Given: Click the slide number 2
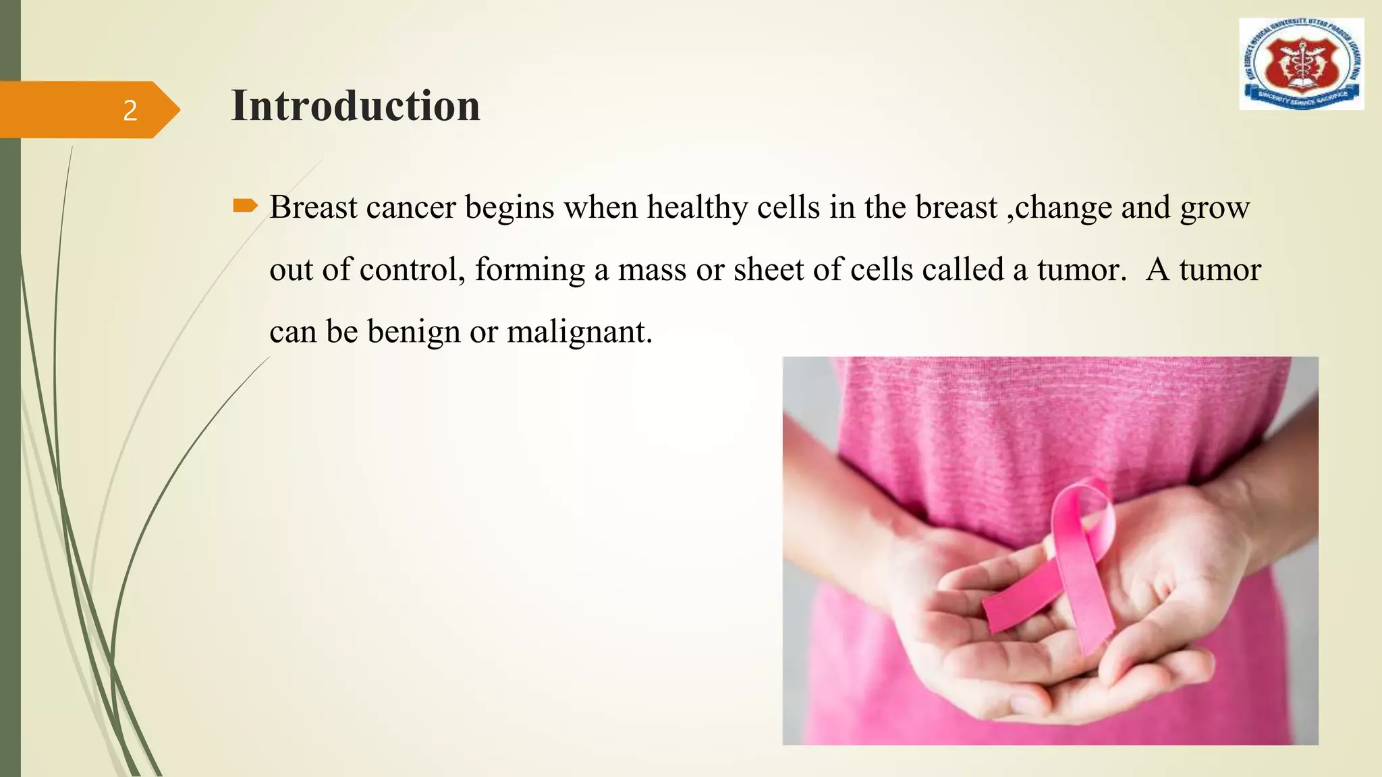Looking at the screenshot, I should tap(130, 110).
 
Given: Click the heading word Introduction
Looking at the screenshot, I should tap(356, 106).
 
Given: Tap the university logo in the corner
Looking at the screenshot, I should tap(1301, 64).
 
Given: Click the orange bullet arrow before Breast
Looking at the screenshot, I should tap(245, 206).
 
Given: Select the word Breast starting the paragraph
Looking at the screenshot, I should tap(313, 207).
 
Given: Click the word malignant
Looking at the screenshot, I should tap(579, 332).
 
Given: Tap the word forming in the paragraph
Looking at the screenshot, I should tap(530, 270).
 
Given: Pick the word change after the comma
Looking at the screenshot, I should tap(1063, 208).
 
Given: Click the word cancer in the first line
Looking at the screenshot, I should tap(410, 208).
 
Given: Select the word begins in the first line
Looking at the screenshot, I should tap(509, 208).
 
